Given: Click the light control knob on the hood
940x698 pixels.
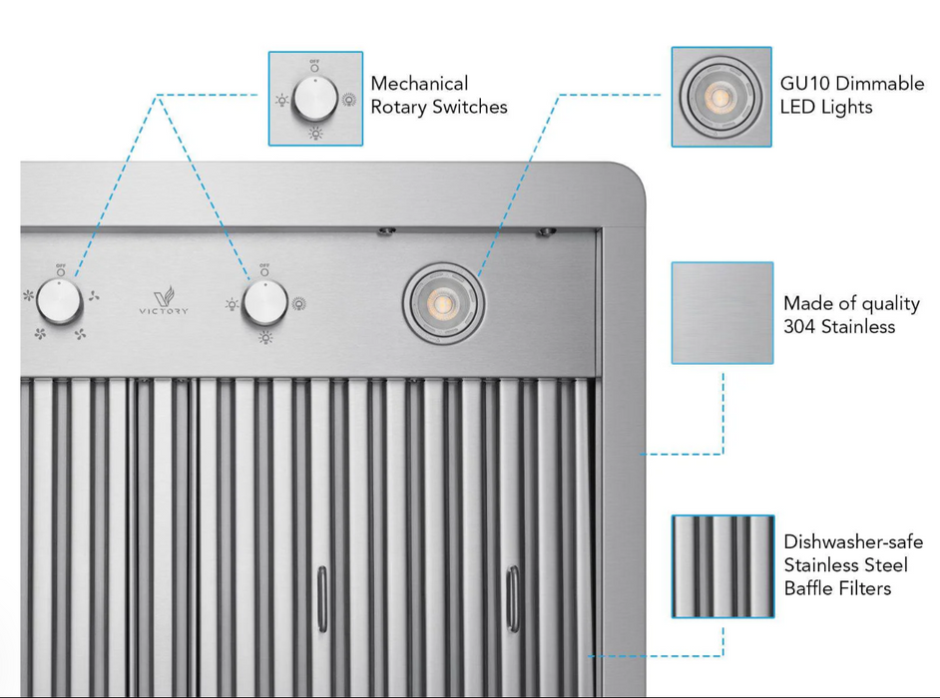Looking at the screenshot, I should (x=263, y=302).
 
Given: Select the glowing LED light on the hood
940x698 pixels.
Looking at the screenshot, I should (x=444, y=300).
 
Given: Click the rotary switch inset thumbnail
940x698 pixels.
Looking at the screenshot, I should (x=315, y=98).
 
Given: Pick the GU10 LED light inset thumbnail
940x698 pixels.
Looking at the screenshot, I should (x=721, y=97).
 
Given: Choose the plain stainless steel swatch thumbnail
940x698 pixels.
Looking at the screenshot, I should (x=721, y=312).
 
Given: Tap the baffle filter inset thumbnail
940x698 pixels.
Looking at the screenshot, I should (x=721, y=565).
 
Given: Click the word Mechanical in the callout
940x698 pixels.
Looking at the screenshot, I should (x=419, y=84).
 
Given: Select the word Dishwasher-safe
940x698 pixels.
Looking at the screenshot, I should (x=853, y=542).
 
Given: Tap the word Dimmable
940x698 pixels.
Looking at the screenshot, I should (x=882, y=84).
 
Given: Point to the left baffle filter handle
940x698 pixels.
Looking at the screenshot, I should (x=321, y=598).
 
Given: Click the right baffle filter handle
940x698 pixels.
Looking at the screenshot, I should (x=512, y=596).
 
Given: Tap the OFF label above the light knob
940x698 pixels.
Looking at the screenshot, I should (x=264, y=266).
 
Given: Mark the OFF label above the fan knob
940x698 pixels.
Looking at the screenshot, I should (x=61, y=266).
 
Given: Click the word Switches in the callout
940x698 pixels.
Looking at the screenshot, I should (x=469, y=108).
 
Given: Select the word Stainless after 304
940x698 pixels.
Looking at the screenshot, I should (x=859, y=327).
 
